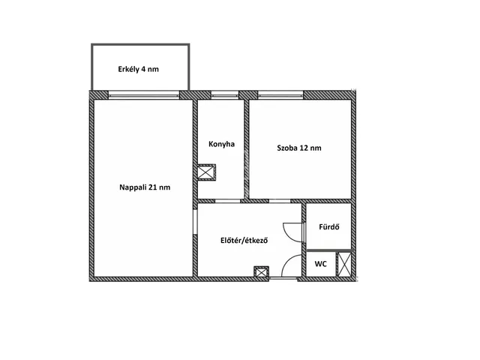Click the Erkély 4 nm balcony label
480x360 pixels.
(x=138, y=70)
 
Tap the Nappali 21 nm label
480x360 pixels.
(x=145, y=187)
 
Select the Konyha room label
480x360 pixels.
(x=222, y=144)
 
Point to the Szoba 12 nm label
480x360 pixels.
(x=299, y=148)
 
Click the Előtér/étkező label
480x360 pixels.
(x=244, y=241)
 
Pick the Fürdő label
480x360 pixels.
(x=329, y=227)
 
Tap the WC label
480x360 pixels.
(x=320, y=264)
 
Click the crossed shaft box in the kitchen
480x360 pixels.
(x=206, y=172)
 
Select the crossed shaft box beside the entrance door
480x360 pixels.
(x=262, y=271)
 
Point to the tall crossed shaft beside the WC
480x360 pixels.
(x=344, y=264)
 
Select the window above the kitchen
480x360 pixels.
(x=225, y=95)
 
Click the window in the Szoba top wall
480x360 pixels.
(x=280, y=95)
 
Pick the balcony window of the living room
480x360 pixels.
(x=143, y=95)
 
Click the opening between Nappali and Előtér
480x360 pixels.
(x=195, y=222)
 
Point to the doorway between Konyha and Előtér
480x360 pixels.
(x=227, y=201)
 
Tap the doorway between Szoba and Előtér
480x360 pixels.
(x=280, y=201)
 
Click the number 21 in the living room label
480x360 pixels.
(x=153, y=187)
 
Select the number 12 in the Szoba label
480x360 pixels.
(x=304, y=148)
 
